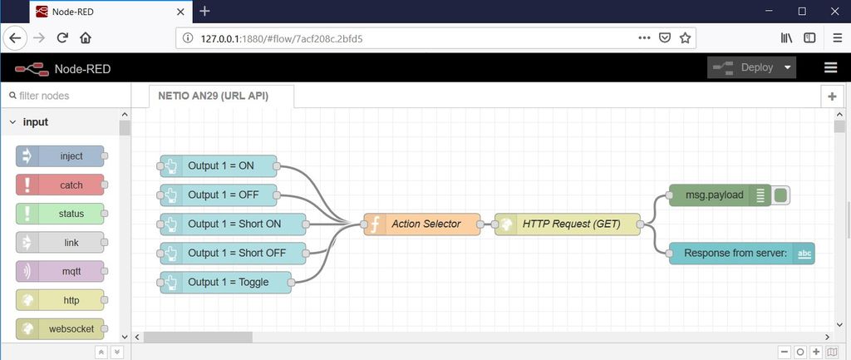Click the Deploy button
coord(751,68)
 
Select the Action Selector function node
coord(422,224)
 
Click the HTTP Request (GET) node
coord(567,224)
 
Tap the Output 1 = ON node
coord(219,165)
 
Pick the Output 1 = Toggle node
coord(226,283)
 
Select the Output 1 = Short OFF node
coord(233,253)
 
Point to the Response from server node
coord(741,253)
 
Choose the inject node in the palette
coord(60,155)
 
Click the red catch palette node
coord(60,185)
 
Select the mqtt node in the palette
coord(60,271)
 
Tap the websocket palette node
coord(60,328)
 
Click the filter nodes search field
coord(66,96)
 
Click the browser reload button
coord(62,37)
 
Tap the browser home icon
coord(86,37)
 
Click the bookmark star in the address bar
coord(685,37)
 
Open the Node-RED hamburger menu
coord(830,67)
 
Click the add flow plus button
coord(832,96)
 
